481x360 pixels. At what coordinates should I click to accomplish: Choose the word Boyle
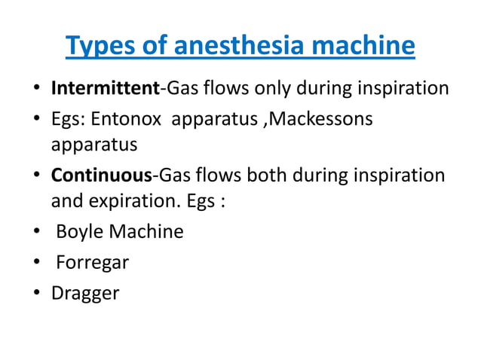pyautogui.click(x=79, y=231)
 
